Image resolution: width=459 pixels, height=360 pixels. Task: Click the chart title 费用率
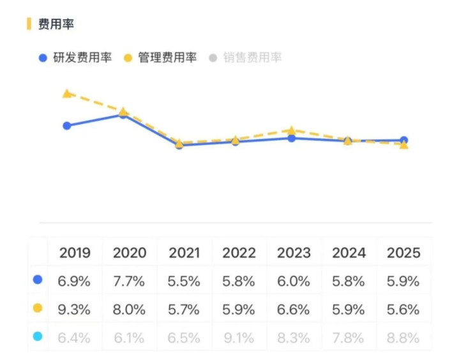(56, 25)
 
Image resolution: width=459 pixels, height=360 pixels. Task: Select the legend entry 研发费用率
(82, 57)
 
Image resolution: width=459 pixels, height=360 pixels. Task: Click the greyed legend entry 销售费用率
(252, 57)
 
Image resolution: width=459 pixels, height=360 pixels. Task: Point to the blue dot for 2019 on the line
(67, 126)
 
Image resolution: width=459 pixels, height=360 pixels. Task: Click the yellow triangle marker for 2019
(67, 94)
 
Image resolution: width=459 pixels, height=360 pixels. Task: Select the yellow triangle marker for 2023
(292, 130)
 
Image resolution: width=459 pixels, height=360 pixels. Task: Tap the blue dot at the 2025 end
(404, 140)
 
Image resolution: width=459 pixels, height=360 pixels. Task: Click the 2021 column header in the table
(184, 252)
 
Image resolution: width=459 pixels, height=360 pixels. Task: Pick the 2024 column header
(349, 252)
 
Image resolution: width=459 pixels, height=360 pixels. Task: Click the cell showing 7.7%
(130, 281)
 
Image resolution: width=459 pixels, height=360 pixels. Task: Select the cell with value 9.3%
(75, 310)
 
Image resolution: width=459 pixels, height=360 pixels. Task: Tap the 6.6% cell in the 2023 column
(294, 310)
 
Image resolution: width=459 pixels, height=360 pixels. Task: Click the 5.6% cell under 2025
(403, 310)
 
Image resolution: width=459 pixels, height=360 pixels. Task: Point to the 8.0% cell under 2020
(130, 310)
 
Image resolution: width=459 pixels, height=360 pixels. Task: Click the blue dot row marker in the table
(38, 280)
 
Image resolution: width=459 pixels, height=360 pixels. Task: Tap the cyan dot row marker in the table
(38, 336)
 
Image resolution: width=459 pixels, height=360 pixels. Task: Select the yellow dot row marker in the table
(38, 308)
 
